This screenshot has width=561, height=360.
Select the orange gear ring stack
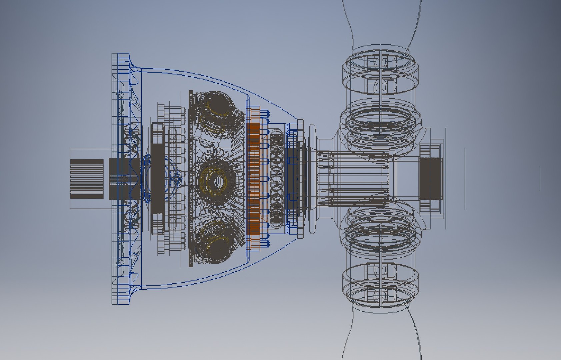point(254,178)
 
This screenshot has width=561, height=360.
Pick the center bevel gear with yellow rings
point(216,181)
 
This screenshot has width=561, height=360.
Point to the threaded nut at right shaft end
point(430,179)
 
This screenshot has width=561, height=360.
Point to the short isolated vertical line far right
point(540,178)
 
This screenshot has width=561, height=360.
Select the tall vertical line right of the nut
point(465,179)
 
